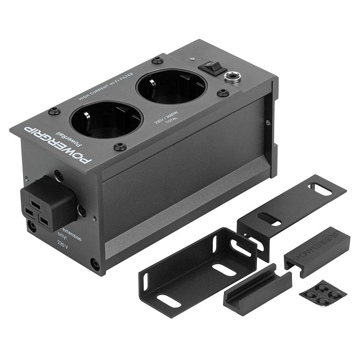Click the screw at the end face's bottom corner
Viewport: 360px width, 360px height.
95,264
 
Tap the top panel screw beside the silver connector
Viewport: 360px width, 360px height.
223,93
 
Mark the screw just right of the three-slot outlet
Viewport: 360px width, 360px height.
82,210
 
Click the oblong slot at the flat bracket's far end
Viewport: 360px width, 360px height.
322,188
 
